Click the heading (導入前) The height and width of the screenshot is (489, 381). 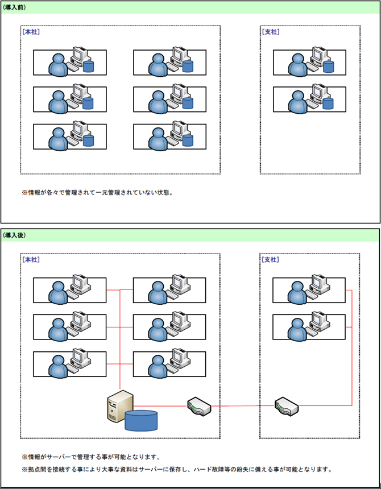click(x=14, y=7)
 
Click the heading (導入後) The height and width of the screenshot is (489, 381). click(x=14, y=235)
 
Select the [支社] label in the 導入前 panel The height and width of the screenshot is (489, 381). click(x=271, y=32)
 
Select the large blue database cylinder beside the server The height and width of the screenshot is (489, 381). click(x=142, y=421)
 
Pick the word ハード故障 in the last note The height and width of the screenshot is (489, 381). click(x=211, y=470)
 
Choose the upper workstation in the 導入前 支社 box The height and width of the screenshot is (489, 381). click(x=309, y=62)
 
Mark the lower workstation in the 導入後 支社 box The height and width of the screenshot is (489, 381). click(x=309, y=327)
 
